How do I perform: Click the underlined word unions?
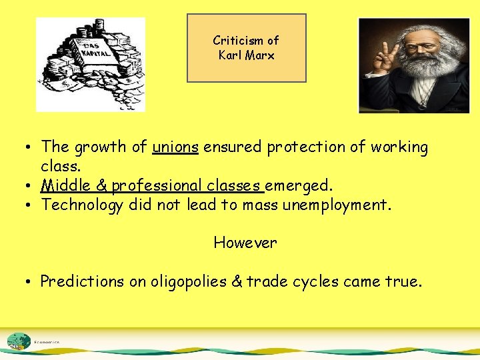pyautogui.click(x=175, y=147)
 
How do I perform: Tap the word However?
pyautogui.click(x=245, y=243)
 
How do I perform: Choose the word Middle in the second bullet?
pyautogui.click(x=65, y=185)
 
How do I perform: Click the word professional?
pyautogui.click(x=157, y=185)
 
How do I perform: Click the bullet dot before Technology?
pyautogui.click(x=31, y=205)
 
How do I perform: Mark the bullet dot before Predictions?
pyautogui.click(x=31, y=281)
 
